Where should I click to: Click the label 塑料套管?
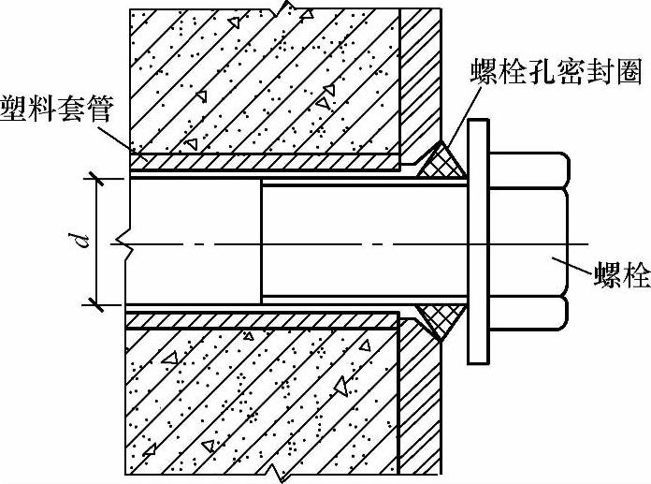click(x=56, y=110)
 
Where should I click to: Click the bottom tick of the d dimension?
click(x=97, y=305)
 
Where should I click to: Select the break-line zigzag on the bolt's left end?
click(x=123, y=241)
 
